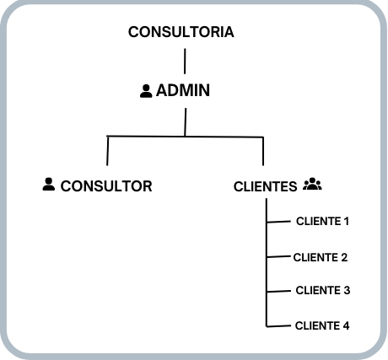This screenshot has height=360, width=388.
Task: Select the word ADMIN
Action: pyautogui.click(x=183, y=90)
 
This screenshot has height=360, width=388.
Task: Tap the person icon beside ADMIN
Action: pyautogui.click(x=146, y=90)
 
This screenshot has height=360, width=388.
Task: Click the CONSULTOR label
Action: pyautogui.click(x=106, y=185)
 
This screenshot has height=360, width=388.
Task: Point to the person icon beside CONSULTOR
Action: pyautogui.click(x=48, y=184)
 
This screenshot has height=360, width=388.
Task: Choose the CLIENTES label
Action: pyautogui.click(x=265, y=186)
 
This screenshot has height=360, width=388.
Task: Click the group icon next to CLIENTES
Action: pyautogui.click(x=312, y=184)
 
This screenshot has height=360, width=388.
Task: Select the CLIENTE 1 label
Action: pyautogui.click(x=322, y=222)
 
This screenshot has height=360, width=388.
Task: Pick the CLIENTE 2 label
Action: pyautogui.click(x=321, y=257)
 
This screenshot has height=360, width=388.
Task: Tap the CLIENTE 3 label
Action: pyautogui.click(x=322, y=290)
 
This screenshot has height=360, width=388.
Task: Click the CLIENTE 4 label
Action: pyautogui.click(x=322, y=325)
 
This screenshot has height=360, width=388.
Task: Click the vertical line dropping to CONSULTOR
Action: pyautogui.click(x=108, y=151)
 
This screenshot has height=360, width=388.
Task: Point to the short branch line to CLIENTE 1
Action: pyautogui.click(x=278, y=223)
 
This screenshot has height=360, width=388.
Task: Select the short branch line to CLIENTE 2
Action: pyautogui.click(x=278, y=256)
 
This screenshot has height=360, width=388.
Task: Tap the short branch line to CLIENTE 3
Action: pyautogui.click(x=278, y=291)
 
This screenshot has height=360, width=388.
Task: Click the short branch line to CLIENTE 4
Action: pyautogui.click(x=278, y=325)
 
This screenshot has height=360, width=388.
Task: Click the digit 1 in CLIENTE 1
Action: pyautogui.click(x=346, y=222)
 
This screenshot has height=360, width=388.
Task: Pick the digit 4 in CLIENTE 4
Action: pyautogui.click(x=346, y=325)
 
